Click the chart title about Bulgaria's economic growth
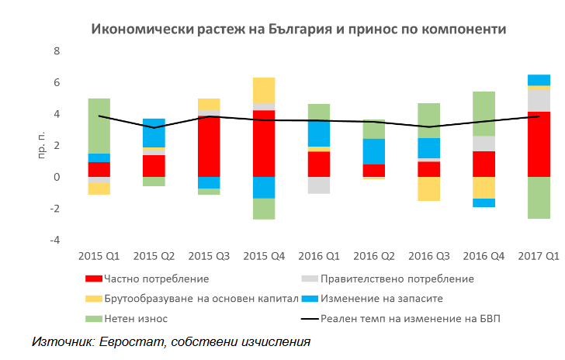point(299,29)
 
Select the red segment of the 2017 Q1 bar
point(539,144)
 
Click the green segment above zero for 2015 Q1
point(99,126)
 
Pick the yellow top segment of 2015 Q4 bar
point(264,90)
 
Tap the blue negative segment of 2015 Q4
point(264,188)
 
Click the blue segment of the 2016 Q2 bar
point(374,151)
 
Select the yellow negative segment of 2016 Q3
point(429,189)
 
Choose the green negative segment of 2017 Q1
point(539,198)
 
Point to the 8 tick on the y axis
point(56,51)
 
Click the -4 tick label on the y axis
point(54,241)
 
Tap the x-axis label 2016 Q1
point(319,256)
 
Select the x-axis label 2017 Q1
point(539,256)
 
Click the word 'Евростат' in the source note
point(123,341)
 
